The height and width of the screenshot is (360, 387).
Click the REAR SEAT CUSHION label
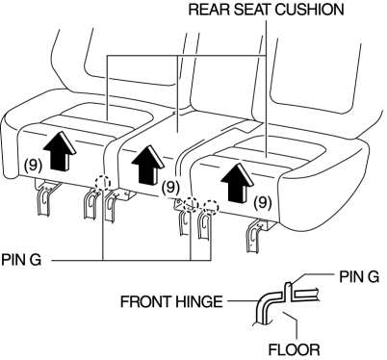[x=266, y=10]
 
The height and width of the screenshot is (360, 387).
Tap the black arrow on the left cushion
[x=60, y=151]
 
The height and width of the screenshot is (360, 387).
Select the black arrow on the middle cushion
[x=148, y=165]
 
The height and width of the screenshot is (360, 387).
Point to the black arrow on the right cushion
[x=238, y=183]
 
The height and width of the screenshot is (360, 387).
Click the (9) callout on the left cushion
[x=33, y=166]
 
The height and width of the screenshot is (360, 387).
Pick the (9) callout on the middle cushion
[x=170, y=187]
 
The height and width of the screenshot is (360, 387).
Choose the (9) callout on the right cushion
[x=263, y=202]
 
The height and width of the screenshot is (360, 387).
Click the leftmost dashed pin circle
[x=103, y=183]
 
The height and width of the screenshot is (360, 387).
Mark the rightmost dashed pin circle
[x=211, y=207]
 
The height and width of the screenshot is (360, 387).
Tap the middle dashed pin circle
[x=192, y=204]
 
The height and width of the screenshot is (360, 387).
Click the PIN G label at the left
[x=21, y=259]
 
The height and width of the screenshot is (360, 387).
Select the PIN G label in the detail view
[x=359, y=276]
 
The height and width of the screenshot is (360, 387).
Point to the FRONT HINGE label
[x=171, y=301]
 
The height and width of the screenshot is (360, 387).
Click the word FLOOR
[x=294, y=349]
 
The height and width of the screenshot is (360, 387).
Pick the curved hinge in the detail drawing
[x=267, y=305]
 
